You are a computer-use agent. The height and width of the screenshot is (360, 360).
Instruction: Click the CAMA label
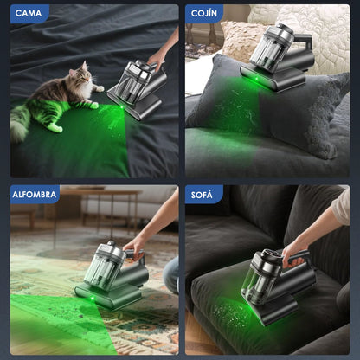(x=29, y=13)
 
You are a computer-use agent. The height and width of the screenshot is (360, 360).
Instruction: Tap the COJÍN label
(x=204, y=13)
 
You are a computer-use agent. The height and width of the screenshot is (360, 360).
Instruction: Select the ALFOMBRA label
(x=35, y=194)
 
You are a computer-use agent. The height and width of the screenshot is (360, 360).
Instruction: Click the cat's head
(x=80, y=83)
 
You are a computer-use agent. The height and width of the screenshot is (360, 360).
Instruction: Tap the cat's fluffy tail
(x=19, y=125)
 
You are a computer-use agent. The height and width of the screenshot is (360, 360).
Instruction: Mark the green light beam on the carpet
(x=52, y=325)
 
